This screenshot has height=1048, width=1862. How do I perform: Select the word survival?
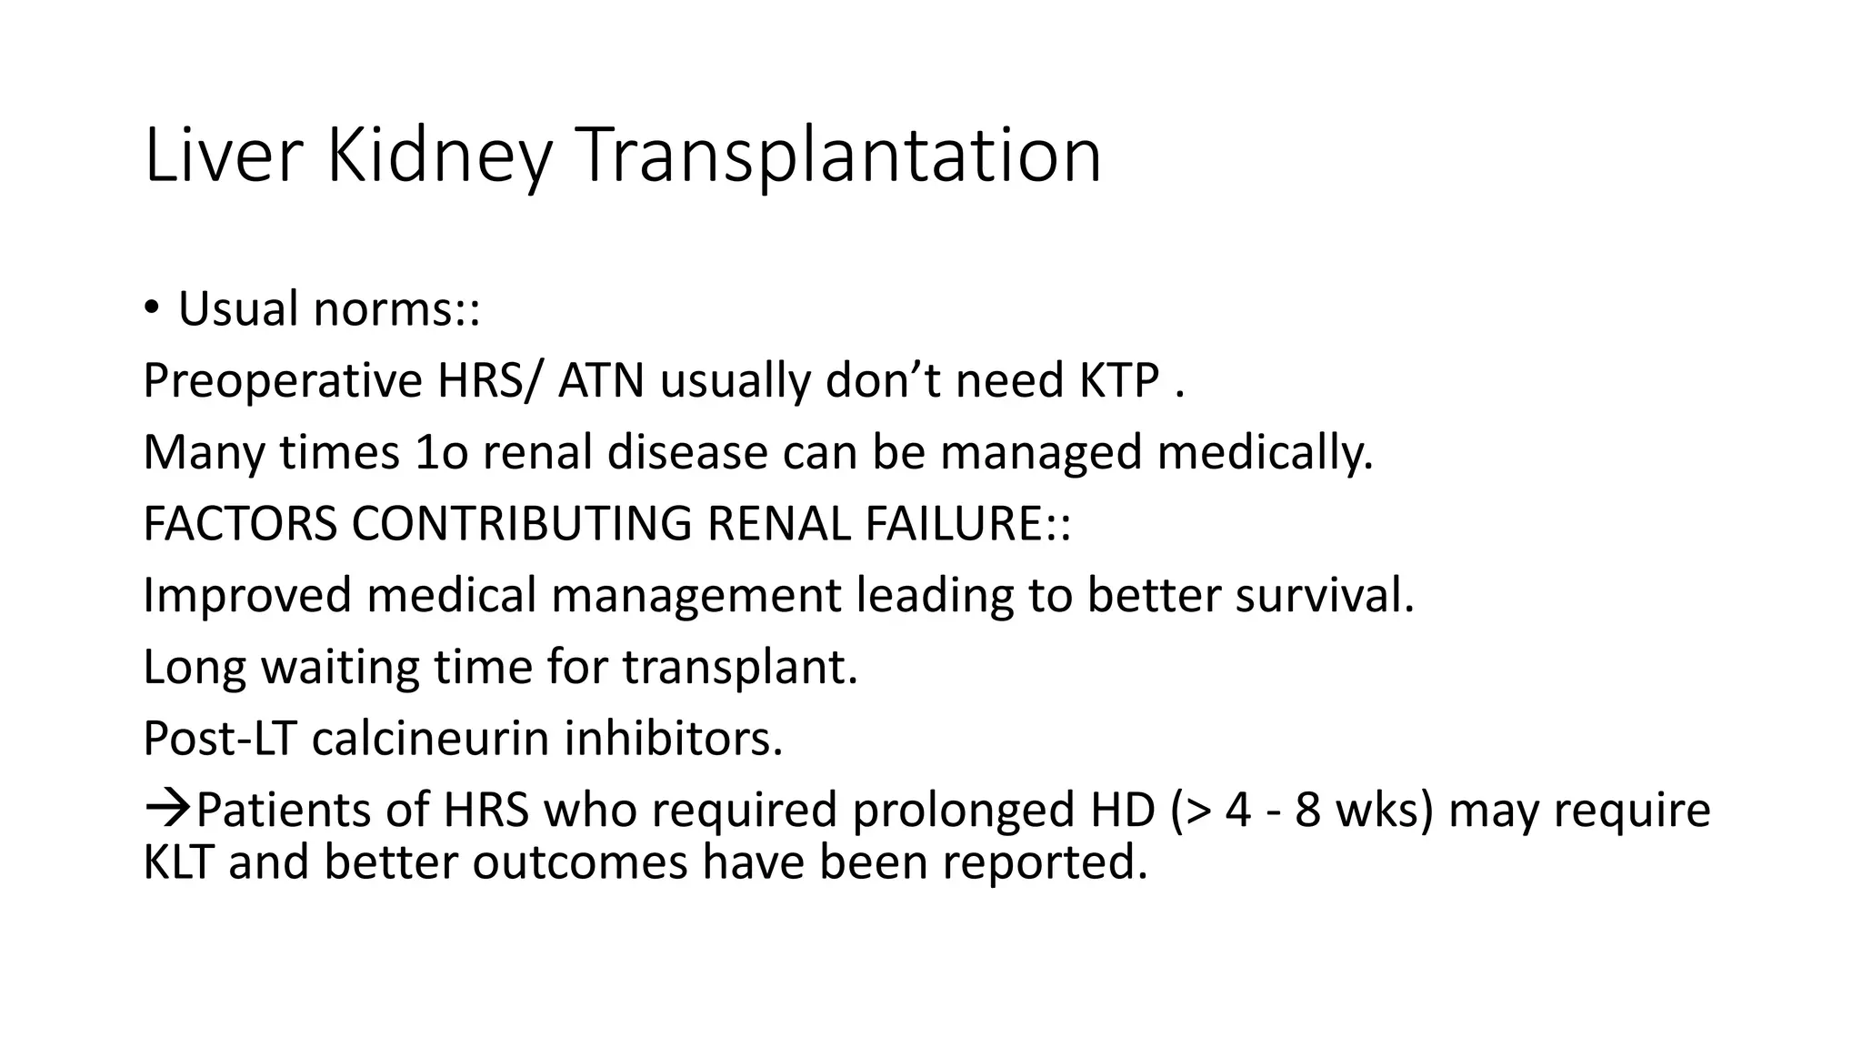tap(1324, 595)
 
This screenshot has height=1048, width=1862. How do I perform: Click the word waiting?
tap(340, 667)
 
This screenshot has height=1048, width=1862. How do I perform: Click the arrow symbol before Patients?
tap(167, 809)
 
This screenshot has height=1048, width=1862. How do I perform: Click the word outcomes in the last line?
tap(579, 861)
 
